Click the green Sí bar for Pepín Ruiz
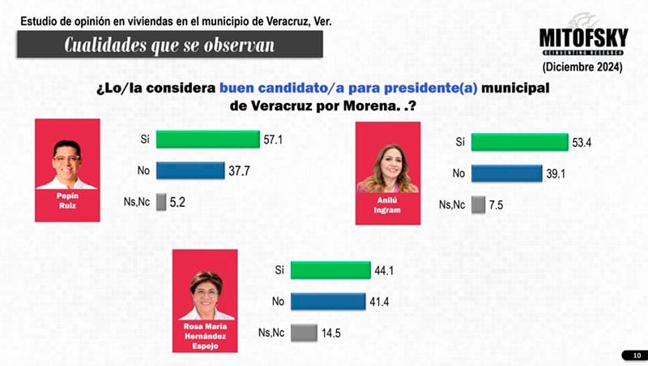pos(207,140)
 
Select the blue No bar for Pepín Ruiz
pos(190,170)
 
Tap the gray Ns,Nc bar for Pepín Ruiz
pos(161,200)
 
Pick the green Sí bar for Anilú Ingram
pos(519,143)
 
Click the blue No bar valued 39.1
pos(506,173)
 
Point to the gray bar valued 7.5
pos(477,205)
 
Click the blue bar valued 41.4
pos(327,301)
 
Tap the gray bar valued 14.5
pos(303,332)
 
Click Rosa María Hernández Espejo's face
pos(207,287)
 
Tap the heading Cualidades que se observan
pos(169,45)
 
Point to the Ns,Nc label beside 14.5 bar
pos(271,332)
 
